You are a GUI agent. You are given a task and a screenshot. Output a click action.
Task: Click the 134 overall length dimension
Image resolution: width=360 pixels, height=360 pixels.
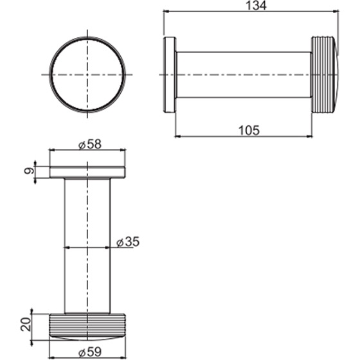(251, 6)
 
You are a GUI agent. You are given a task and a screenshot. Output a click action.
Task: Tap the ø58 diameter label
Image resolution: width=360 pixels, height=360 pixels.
(87, 145)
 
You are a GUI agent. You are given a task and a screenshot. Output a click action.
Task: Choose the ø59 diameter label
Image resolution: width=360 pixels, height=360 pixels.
(87, 353)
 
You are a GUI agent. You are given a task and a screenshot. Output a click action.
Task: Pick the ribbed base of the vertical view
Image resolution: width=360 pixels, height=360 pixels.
(87, 326)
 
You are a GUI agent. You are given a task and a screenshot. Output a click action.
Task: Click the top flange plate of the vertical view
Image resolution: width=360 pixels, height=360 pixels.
(87, 172)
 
